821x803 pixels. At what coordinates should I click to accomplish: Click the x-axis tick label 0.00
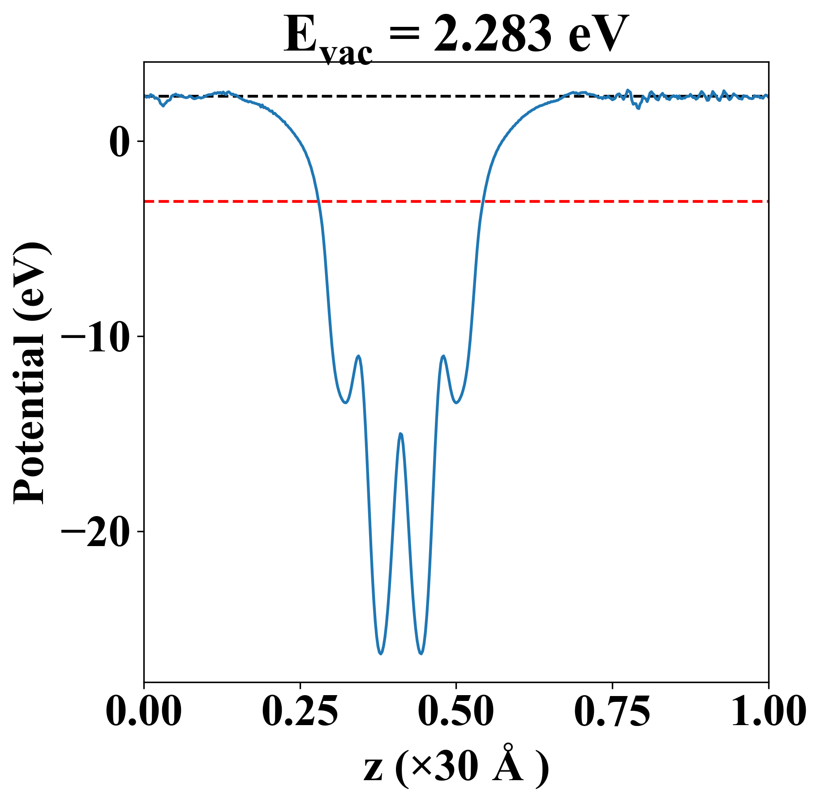144,712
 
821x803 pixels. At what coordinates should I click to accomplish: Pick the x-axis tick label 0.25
300,712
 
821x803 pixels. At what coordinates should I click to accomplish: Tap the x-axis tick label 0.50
456,712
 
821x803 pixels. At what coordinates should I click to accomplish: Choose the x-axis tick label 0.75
612,712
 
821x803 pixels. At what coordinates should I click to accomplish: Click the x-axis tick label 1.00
768,712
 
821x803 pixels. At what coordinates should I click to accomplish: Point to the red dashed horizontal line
582,201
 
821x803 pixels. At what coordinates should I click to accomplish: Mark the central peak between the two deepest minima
401,434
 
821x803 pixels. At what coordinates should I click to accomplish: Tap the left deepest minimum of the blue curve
381,654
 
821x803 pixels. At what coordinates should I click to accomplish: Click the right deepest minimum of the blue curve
421,654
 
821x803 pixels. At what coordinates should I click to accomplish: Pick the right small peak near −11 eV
443,356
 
